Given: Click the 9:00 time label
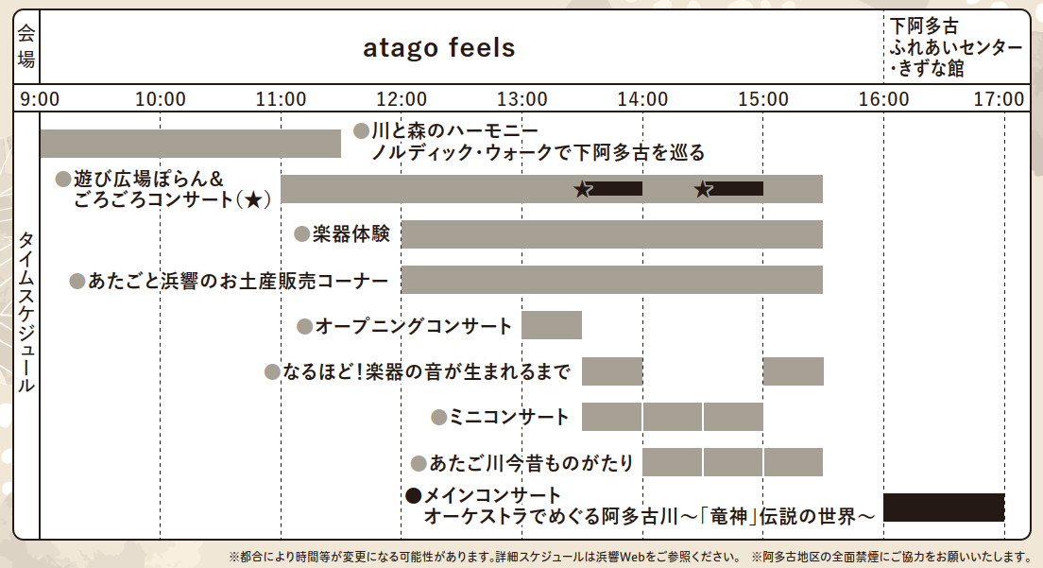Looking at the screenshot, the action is point(40,99).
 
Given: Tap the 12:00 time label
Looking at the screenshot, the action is point(402,99).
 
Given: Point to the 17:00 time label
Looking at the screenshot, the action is point(1000,99).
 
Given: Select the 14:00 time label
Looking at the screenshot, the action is point(642,99).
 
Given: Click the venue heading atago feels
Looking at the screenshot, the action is point(439,48).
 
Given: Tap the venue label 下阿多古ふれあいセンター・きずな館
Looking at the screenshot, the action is point(956,47).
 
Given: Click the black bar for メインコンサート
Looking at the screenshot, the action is point(944,508).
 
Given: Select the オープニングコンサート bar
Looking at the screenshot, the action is point(552,325).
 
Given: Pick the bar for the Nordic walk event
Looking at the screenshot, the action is point(190,144).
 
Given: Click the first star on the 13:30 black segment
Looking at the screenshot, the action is point(583,190).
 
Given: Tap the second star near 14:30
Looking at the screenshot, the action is point(703,190).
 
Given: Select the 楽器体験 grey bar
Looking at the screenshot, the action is point(612,234).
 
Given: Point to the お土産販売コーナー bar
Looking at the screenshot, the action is point(612,280).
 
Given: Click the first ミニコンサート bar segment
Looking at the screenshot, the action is point(611,417).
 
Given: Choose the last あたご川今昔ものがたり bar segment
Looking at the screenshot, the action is point(794,462).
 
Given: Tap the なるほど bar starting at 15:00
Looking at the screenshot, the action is point(793,371).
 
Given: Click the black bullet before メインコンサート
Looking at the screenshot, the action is point(413,495).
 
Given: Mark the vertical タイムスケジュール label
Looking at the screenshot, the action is point(26,311).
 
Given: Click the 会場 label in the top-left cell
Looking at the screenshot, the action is point(26,46).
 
